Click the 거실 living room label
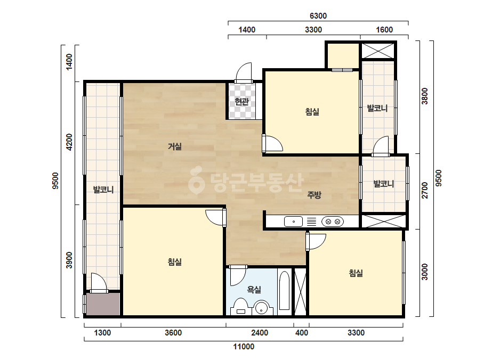click(175, 146)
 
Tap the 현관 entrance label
click(241, 102)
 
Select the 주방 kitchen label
click(314, 195)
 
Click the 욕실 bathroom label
click(254, 289)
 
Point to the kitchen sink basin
click(293, 222)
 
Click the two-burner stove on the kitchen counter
click(333, 222)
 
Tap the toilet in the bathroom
click(240, 306)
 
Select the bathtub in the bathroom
click(284, 290)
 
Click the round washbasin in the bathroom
click(262, 308)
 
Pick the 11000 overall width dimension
click(244, 347)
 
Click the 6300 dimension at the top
click(318, 15)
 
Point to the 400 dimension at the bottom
click(302, 333)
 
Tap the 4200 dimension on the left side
click(69, 142)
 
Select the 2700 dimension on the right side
click(424, 190)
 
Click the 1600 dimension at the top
click(384, 30)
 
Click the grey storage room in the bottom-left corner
click(103, 304)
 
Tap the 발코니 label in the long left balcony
click(103, 190)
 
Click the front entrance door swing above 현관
click(244, 72)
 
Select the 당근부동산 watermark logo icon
click(196, 180)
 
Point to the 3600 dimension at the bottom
click(173, 333)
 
